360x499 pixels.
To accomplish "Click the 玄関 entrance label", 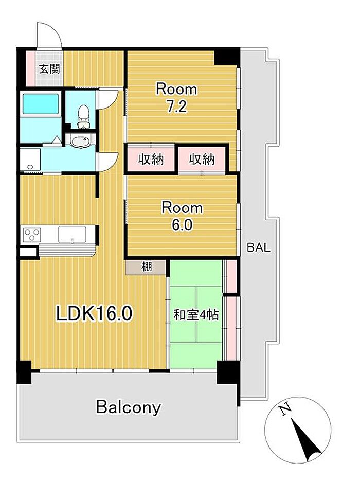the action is (49, 68).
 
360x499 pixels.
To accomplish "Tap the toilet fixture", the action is (84, 116).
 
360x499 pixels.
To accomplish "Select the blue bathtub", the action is (41, 103).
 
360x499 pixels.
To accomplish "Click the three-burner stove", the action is (32, 235).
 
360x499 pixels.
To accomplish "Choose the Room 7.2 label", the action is (176, 98).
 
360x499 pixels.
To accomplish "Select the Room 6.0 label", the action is (182, 216).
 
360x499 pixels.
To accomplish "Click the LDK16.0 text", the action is (94, 313).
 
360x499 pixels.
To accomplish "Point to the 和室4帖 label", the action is (196, 315).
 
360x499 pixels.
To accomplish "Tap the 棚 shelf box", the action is (146, 266).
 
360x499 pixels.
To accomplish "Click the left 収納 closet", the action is (151, 159).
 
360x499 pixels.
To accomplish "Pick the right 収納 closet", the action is (202, 159).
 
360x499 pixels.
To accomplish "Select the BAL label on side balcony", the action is (259, 247).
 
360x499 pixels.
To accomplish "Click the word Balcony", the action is (129, 407).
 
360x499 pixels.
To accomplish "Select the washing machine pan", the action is (30, 160).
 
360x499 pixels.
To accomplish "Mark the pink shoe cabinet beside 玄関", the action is (30, 68).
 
